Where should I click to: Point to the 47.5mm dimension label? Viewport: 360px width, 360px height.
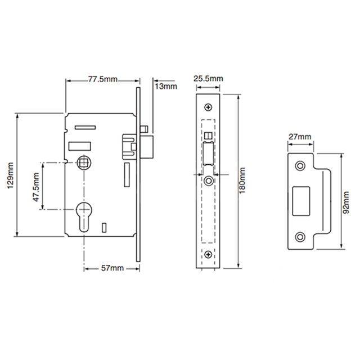click(35, 186)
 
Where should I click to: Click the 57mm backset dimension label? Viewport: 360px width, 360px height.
click(112, 268)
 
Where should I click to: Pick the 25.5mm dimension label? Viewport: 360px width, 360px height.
click(208, 79)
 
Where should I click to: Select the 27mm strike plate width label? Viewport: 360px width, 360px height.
click(299, 137)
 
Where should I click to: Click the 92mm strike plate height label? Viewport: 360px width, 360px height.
click(347, 200)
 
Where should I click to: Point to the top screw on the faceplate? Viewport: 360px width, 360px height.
click(209, 107)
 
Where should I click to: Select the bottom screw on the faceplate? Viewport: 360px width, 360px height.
click(209, 256)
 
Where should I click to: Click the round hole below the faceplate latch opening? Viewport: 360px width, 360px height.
click(209, 181)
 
